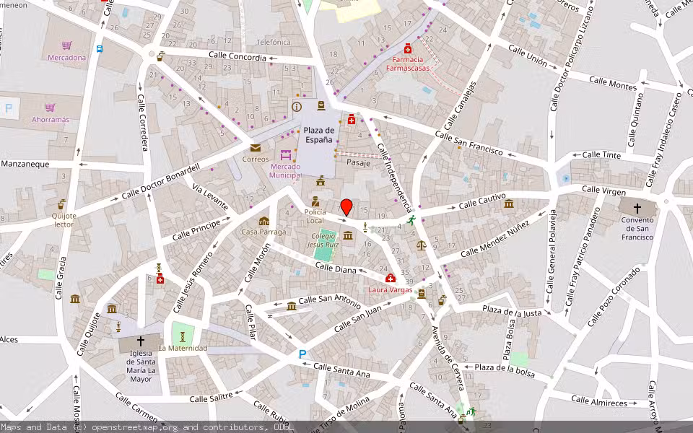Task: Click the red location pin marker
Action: (x=346, y=207)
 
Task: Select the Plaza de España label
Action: (x=318, y=134)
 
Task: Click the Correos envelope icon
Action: (x=256, y=148)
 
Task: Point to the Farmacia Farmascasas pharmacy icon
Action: (x=408, y=48)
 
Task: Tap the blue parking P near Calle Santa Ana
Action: (x=302, y=354)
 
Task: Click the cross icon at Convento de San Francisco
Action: (x=637, y=208)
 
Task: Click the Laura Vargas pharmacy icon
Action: (x=391, y=279)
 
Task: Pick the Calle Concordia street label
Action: (x=237, y=56)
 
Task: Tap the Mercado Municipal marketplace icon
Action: (x=286, y=154)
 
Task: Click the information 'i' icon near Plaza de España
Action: (x=296, y=107)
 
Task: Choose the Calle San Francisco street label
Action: (x=468, y=142)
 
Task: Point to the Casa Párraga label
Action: (x=263, y=232)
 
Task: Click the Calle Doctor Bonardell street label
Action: (x=160, y=180)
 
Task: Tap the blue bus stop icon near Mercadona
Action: (x=99, y=49)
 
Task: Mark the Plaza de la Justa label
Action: (x=512, y=312)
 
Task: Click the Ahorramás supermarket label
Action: (x=51, y=119)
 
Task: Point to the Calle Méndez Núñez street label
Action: (x=494, y=240)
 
